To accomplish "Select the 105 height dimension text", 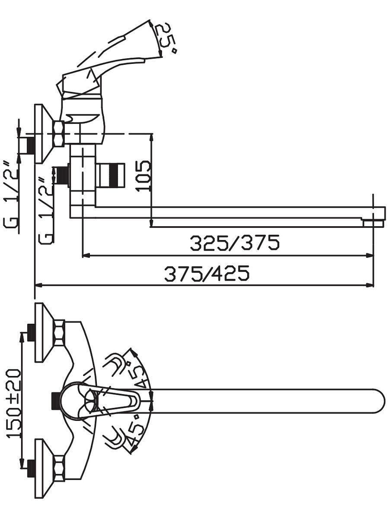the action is (x=143, y=176).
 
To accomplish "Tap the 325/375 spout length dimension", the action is (x=235, y=243).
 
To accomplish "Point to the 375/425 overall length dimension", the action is (x=207, y=274).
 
